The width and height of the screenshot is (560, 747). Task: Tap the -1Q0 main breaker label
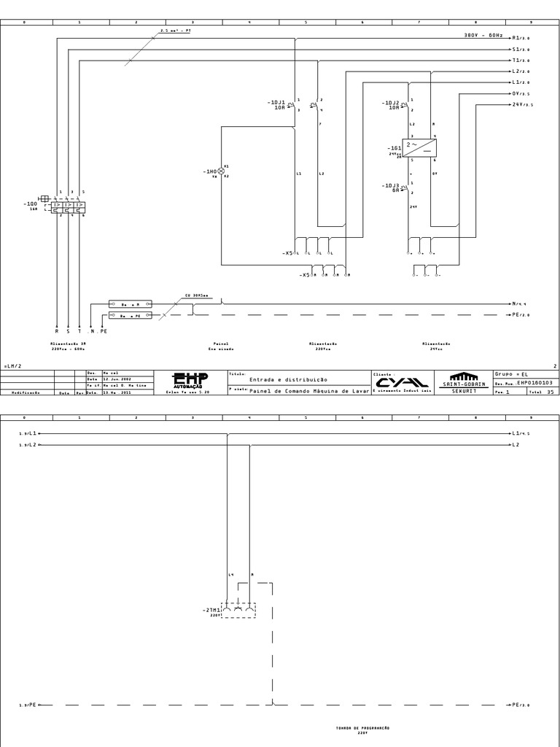(30, 204)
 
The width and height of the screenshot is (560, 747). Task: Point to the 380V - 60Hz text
(483, 35)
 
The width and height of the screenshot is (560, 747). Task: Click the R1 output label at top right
(521, 37)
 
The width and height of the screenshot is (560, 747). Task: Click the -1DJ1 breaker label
(276, 103)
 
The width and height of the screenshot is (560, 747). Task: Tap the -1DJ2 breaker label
(391, 103)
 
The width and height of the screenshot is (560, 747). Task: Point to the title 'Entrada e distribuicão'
(288, 379)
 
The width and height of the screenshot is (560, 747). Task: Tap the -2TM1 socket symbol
(238, 610)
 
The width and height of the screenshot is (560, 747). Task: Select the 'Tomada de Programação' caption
(362, 728)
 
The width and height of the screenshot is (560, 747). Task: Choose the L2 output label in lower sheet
(516, 444)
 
